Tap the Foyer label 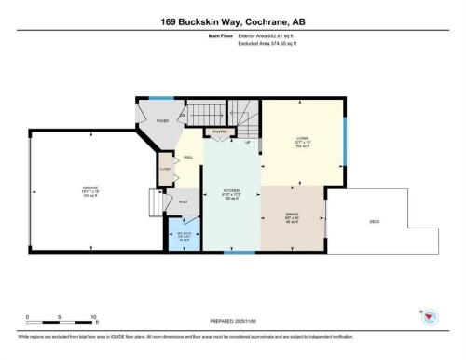pos(161,119)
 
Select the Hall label pos(187,159)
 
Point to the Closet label pos(164,171)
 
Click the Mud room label pos(182,201)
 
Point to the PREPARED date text pos(232,323)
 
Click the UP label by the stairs pos(247,143)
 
